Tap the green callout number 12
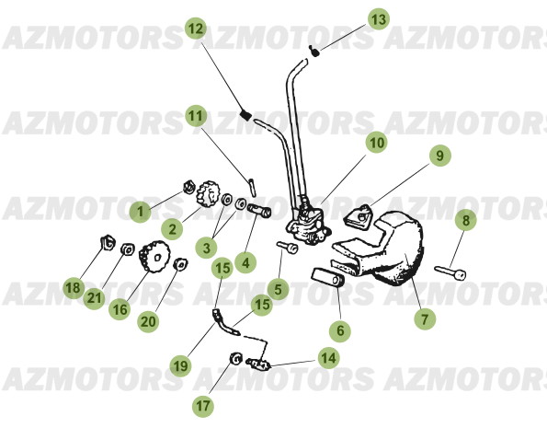click(x=196, y=29)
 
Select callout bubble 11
click(x=195, y=117)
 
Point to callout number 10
click(x=375, y=143)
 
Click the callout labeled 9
click(x=439, y=156)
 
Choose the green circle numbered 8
click(x=466, y=221)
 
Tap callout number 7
click(x=424, y=319)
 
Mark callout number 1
click(x=140, y=212)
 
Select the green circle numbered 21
click(x=95, y=297)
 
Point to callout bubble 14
click(x=327, y=357)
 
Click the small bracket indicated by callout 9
click(x=361, y=216)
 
